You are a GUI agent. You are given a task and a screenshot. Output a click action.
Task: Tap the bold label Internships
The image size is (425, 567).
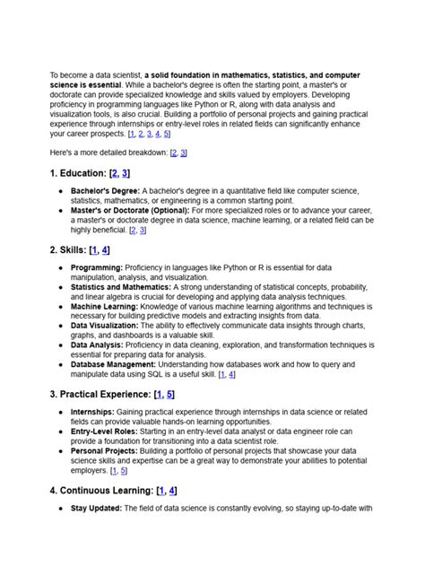(x=94, y=411)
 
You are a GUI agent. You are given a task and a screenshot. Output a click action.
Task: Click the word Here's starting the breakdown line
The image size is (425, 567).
(x=63, y=153)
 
